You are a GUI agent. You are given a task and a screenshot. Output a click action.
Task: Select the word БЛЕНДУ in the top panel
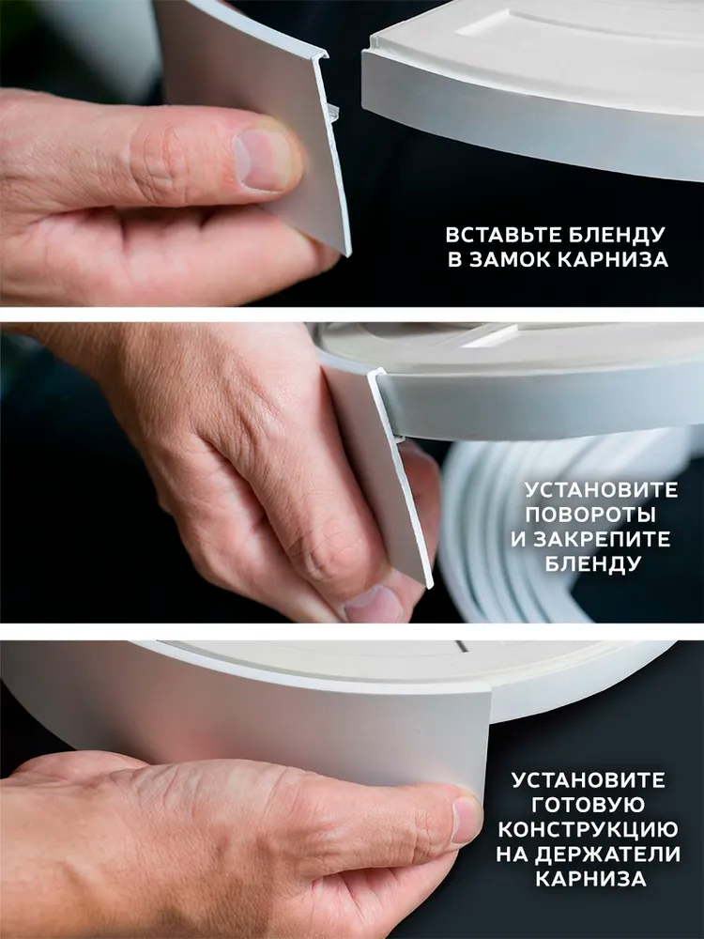pyautogui.click(x=617, y=234)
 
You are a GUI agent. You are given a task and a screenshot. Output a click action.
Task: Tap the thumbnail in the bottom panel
pyautogui.click(x=467, y=819)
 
